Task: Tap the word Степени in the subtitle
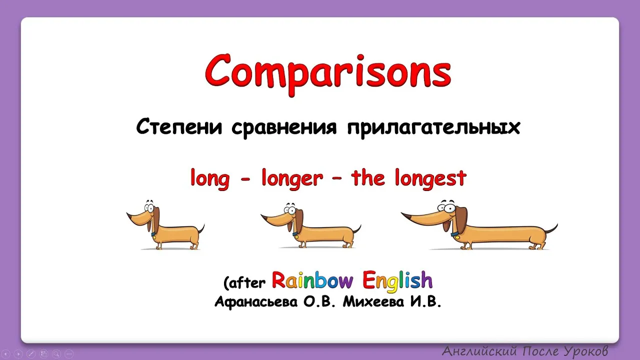coord(179,126)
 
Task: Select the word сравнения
coord(284,128)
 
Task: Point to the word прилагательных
coord(433,128)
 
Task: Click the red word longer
coord(292,178)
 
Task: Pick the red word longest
coord(430,178)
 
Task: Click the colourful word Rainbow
coord(312,280)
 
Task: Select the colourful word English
coord(397,281)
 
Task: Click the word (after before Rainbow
coord(244,283)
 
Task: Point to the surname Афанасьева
coord(256,301)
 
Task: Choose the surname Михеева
coord(373,301)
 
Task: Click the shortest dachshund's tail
coord(201,229)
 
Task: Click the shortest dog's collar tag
coord(154,237)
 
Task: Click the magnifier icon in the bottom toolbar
coord(56,354)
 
